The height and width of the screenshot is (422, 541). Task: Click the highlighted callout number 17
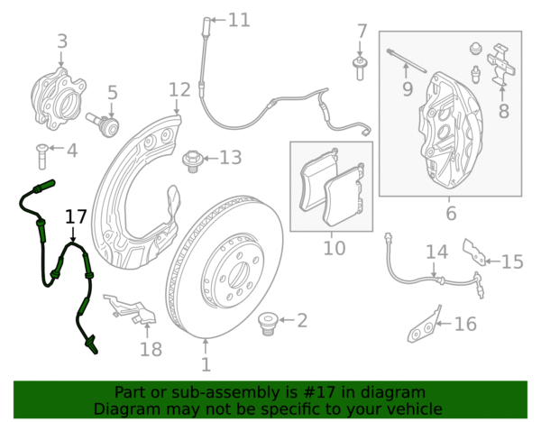click(x=76, y=217)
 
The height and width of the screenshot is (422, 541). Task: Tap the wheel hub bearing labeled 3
click(x=59, y=99)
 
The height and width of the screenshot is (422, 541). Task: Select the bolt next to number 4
click(x=41, y=157)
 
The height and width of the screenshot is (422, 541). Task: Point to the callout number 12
click(x=179, y=89)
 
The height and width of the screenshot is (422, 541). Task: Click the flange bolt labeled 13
click(x=191, y=161)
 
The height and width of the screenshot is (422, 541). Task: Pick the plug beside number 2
click(x=268, y=324)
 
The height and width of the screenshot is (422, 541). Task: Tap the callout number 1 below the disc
click(x=206, y=364)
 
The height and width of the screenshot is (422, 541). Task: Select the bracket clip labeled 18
click(x=131, y=310)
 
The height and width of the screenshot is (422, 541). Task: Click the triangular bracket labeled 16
click(x=425, y=325)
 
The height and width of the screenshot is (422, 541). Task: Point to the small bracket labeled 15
click(x=475, y=252)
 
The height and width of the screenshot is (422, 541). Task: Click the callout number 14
click(x=436, y=252)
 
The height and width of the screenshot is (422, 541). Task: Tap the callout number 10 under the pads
click(x=334, y=248)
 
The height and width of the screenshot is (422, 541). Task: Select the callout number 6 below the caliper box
click(x=452, y=213)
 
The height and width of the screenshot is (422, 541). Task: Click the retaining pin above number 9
click(x=407, y=60)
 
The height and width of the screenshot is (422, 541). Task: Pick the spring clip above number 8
click(x=501, y=65)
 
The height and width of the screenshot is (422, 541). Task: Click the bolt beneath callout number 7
click(x=360, y=69)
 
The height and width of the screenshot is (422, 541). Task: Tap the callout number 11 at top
click(x=239, y=20)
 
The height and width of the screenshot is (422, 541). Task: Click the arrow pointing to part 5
click(x=111, y=109)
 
